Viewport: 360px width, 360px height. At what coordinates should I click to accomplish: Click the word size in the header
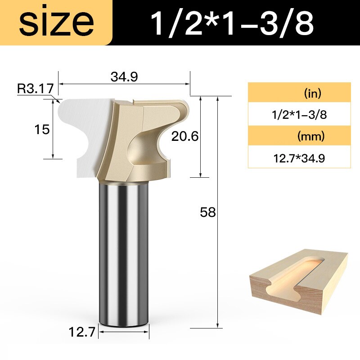tap(56, 22)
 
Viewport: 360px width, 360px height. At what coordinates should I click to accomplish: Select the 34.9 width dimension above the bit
tap(124, 76)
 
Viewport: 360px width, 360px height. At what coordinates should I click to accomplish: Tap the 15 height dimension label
tap(41, 130)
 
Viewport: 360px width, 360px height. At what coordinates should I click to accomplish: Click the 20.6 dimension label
tap(184, 136)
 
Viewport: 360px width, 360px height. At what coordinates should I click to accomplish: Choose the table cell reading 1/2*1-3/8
tap(299, 114)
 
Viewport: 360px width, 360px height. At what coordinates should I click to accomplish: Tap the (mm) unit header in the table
tap(299, 136)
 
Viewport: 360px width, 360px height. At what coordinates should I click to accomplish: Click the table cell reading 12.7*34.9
tap(299, 158)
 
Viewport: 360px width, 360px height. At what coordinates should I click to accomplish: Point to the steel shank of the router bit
tap(124, 252)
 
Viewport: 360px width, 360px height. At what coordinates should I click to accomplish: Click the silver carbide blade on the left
tap(81, 130)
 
